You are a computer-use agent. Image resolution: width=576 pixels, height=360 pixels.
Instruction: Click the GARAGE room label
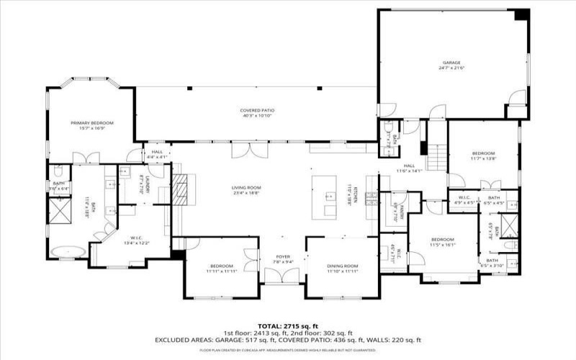[x=451, y=63]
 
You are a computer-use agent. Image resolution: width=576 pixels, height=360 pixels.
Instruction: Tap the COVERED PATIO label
[x=258, y=110]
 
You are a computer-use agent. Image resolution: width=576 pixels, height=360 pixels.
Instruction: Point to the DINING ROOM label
[x=342, y=266]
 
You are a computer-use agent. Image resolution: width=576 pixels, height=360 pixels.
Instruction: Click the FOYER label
[x=282, y=256]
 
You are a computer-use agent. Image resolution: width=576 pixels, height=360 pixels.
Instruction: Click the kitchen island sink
[x=329, y=196]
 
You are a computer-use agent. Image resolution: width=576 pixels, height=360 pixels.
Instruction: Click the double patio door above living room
[x=251, y=150]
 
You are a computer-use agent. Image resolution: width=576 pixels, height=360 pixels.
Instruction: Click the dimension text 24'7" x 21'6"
[x=451, y=68]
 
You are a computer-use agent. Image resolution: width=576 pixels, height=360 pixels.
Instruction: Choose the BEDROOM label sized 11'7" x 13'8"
[x=483, y=153]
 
